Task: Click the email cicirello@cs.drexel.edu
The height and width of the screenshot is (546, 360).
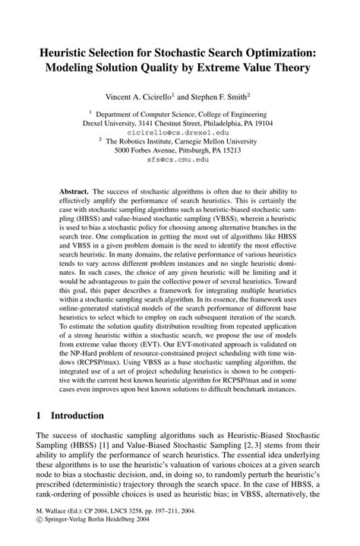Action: coord(179,132)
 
